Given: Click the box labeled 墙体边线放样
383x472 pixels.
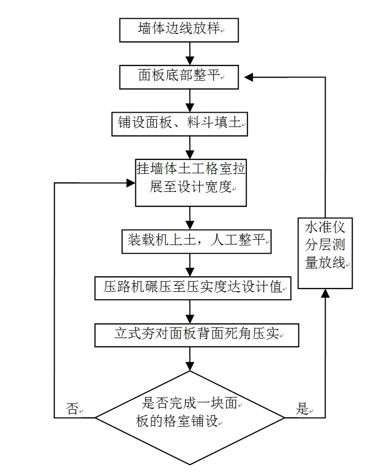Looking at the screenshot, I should click(x=178, y=30).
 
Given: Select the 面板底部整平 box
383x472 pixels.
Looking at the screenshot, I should click(x=178, y=77).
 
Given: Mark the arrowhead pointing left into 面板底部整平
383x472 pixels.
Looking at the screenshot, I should click(x=250, y=77).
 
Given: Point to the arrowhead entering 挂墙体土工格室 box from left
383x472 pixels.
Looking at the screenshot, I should click(x=131, y=183).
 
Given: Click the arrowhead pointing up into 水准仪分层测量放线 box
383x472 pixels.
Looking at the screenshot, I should click(x=325, y=294).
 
